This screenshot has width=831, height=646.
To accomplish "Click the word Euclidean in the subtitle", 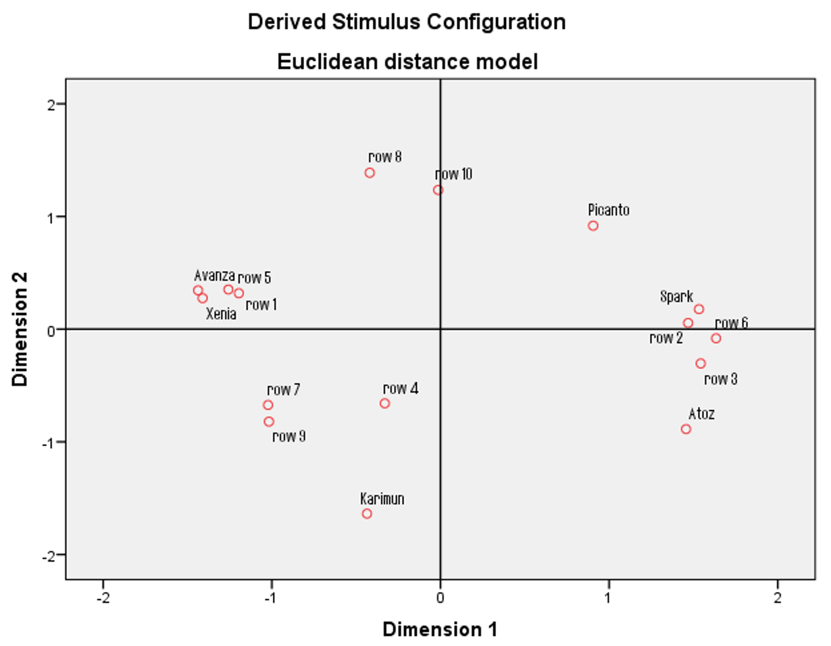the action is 328,61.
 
